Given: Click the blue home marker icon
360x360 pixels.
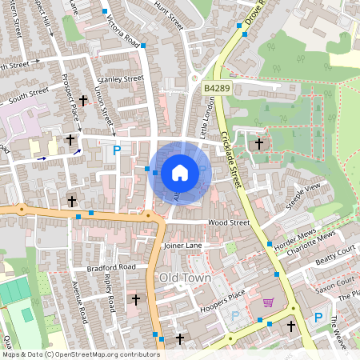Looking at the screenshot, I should [180, 173].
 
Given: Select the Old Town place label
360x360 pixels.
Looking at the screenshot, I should [185, 277].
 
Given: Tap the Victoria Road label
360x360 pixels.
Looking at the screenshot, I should [118, 31].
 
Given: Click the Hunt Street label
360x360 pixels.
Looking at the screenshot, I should [169, 16].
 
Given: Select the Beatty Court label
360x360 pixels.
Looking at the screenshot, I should [334, 256].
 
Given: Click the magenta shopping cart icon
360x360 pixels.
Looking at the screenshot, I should [268, 302].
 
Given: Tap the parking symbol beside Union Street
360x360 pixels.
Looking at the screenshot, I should [117, 150].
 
